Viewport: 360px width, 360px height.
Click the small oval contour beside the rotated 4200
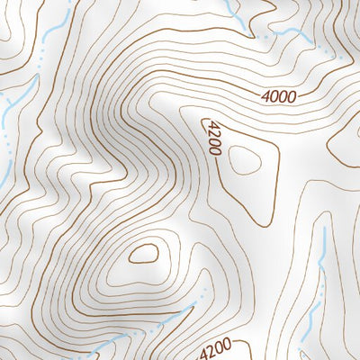(x=244, y=159)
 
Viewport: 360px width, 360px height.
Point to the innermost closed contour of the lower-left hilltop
(x=143, y=254)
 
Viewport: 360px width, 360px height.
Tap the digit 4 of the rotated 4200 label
(x=211, y=123)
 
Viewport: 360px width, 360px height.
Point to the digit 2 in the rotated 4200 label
(x=212, y=132)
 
